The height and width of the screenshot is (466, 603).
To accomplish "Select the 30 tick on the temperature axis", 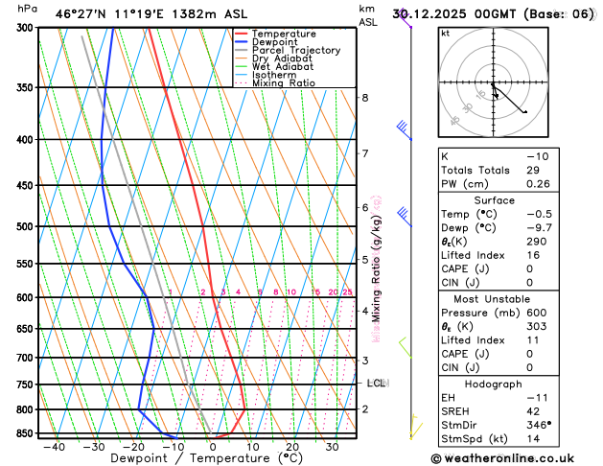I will pos(332,447).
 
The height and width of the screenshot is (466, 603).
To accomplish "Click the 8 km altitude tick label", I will pos(364,98).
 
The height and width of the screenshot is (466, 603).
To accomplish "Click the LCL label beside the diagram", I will pos(376,384).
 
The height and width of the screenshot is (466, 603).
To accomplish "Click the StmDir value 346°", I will pos(539,424).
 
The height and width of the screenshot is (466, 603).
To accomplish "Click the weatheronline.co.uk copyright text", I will pos(513,458).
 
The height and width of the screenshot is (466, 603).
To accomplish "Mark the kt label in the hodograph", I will pos(445,34).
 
